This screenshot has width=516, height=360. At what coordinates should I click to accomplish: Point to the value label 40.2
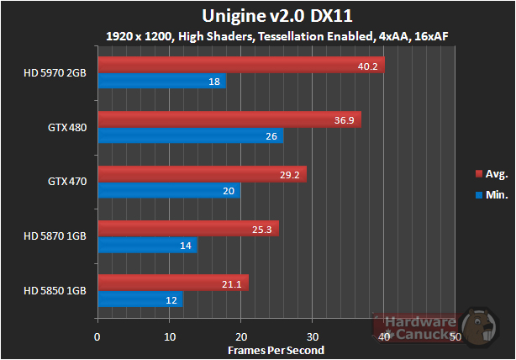[x=368, y=66]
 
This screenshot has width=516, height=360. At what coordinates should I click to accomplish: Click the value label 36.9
[x=345, y=120]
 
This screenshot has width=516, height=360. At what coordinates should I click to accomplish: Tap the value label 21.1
[x=231, y=284]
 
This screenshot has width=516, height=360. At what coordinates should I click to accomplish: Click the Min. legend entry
[x=491, y=193]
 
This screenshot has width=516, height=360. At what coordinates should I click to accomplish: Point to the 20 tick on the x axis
[x=241, y=337]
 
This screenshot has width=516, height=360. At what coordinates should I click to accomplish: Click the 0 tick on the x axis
[x=98, y=337]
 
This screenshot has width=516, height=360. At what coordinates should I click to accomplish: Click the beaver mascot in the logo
[x=482, y=330]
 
